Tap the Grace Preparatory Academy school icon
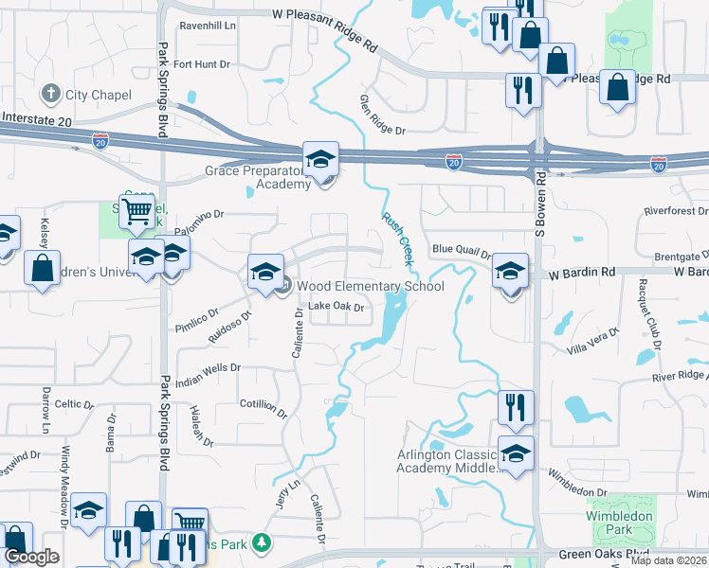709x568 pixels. click(320, 158)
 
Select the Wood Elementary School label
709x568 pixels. click(370, 286)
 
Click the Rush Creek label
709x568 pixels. click(398, 237)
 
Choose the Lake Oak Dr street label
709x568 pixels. click(336, 306)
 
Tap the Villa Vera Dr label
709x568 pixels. click(591, 340)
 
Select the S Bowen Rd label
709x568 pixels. click(541, 203)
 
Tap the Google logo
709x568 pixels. click(31, 557)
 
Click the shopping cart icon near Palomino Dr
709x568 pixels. click(137, 210)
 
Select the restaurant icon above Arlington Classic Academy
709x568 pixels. click(516, 407)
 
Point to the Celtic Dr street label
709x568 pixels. click(74, 404)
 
